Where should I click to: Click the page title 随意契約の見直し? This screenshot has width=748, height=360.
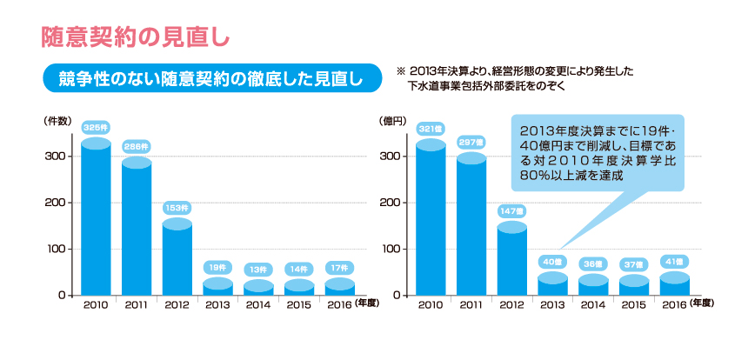(x=135, y=37)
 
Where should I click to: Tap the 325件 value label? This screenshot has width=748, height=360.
(x=96, y=127)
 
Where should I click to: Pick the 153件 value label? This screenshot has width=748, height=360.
(x=177, y=208)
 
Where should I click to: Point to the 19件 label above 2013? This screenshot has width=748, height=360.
(x=217, y=267)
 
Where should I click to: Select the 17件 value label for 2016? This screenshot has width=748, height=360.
(x=339, y=267)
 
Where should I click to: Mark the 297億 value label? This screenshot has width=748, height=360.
(x=471, y=142)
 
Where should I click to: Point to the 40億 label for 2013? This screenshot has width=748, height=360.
(x=552, y=262)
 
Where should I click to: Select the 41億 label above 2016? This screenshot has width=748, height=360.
(x=674, y=261)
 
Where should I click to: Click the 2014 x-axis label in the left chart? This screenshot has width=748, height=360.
(x=258, y=305)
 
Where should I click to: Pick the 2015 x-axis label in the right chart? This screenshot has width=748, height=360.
(x=633, y=305)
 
